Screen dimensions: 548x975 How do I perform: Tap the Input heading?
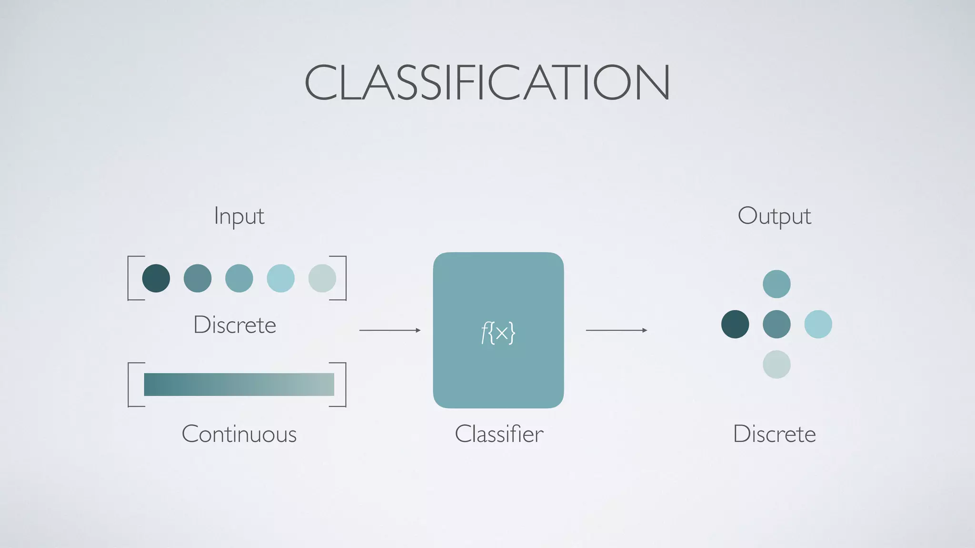point(239,216)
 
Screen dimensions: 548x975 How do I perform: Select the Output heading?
point(774,216)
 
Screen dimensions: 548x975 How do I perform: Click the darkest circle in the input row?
point(156,278)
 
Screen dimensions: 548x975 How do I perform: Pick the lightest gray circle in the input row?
point(322,278)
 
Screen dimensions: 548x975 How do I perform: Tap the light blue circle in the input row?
point(280,278)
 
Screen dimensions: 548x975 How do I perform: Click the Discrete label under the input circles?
point(235,325)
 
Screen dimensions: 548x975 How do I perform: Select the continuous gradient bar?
point(239,384)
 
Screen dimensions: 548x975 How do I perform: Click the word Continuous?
point(239,434)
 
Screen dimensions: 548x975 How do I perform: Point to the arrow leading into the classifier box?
point(390,330)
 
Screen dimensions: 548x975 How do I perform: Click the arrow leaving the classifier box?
point(617,330)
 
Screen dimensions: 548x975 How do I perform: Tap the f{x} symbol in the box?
point(498,333)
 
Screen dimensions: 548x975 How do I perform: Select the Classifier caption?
point(499,434)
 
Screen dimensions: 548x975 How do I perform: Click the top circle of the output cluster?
point(776,284)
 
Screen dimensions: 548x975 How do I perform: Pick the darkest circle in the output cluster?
point(735,324)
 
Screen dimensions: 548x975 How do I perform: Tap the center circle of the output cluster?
point(776,324)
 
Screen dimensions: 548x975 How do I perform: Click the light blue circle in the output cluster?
point(818,324)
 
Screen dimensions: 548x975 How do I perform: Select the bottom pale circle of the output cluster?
point(776,364)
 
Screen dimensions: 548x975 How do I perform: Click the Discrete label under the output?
point(774,434)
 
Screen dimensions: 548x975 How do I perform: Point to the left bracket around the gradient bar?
point(129,384)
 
